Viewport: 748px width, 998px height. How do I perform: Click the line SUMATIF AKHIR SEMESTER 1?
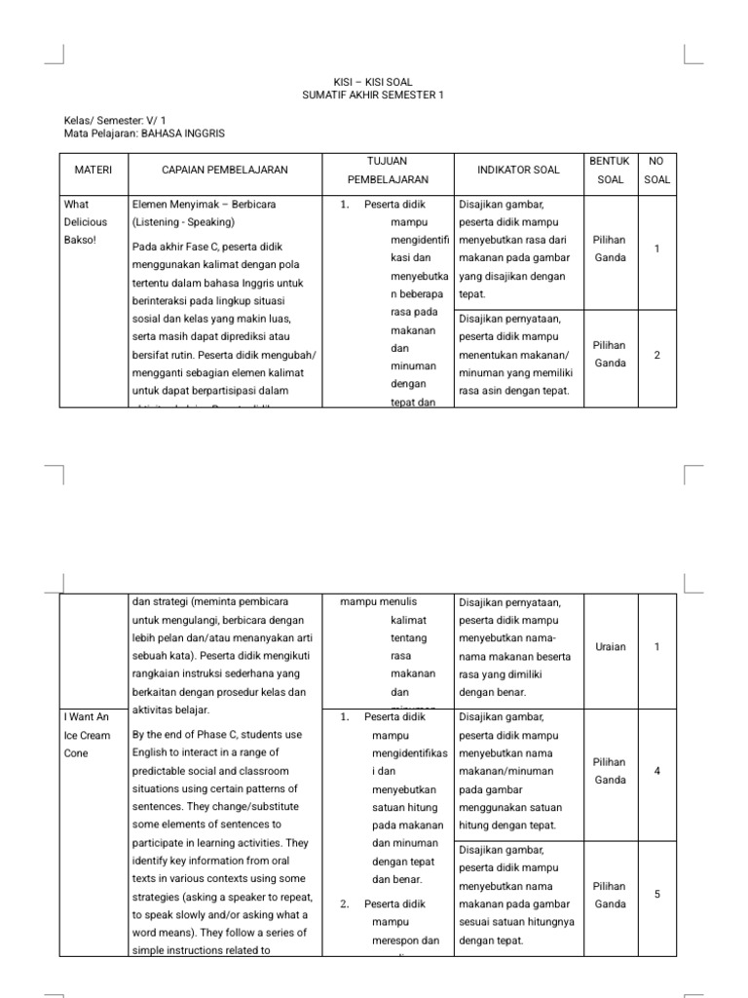pos(374,95)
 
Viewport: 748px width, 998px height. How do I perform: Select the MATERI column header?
pos(93,170)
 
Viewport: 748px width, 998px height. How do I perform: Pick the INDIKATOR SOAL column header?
pos(518,170)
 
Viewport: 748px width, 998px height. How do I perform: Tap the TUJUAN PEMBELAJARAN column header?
pos(387,170)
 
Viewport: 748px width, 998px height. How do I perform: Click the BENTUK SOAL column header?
pos(611,170)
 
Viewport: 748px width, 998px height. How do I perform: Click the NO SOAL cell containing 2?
pos(657,355)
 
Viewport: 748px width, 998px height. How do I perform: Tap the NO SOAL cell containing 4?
pos(657,771)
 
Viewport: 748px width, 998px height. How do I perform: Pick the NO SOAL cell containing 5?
pos(657,894)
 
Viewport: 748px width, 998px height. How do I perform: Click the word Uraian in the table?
pos(611,646)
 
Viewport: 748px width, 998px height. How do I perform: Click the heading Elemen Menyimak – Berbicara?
pos(203,205)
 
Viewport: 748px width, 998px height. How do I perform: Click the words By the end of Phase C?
pos(194,734)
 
